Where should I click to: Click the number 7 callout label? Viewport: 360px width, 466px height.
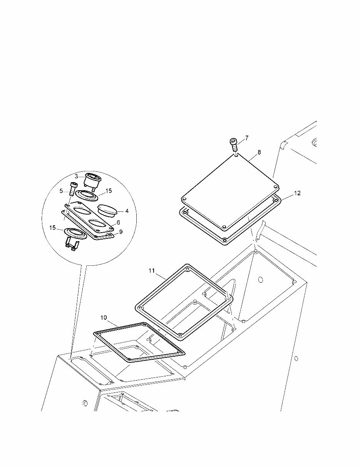[247, 138]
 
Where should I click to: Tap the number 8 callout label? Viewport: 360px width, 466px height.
[259, 152]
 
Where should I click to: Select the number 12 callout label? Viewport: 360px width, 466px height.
[297, 193]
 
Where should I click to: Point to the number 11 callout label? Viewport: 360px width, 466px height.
[152, 271]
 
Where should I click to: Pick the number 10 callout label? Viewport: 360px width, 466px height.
[104, 317]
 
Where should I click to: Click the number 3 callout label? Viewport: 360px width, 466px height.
[76, 176]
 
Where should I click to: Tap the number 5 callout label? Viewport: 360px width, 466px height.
[61, 191]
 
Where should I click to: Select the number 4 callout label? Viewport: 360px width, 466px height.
[127, 211]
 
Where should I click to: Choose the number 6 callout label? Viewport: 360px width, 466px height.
[118, 222]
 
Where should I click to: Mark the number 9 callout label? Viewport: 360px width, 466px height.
[121, 232]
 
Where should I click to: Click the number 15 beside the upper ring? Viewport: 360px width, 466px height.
[109, 191]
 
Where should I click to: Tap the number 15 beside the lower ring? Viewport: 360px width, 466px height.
[52, 228]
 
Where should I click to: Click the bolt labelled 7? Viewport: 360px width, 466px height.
[234, 145]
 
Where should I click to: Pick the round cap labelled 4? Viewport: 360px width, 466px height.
[107, 211]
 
